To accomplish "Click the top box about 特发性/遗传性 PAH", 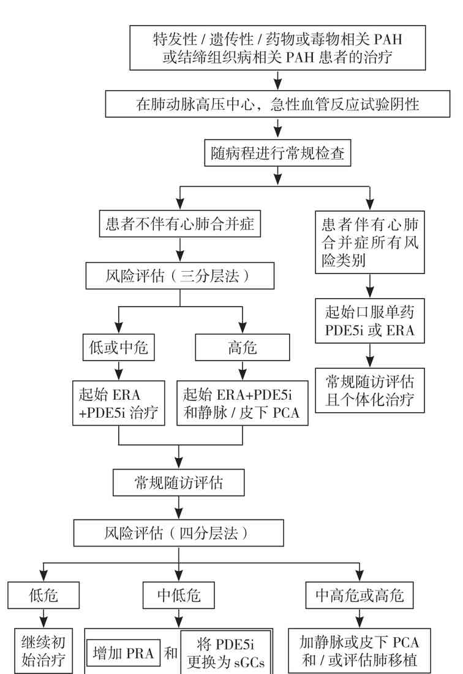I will click(x=277, y=48).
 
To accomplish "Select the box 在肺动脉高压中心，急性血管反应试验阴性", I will click(x=277, y=104).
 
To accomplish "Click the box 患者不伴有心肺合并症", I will click(x=180, y=224).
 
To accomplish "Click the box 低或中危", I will click(x=118, y=348).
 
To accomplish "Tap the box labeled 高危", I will click(x=243, y=348).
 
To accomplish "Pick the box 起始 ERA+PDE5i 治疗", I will click(x=118, y=403).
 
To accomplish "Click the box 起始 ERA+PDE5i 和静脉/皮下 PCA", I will click(x=243, y=403).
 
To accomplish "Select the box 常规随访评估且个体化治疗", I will click(x=370, y=391).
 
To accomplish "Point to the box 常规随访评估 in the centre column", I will click(x=179, y=483).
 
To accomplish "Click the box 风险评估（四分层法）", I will click(x=179, y=533).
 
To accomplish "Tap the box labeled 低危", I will click(x=44, y=595).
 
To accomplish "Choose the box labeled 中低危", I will click(x=179, y=595).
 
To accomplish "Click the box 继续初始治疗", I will click(x=44, y=652).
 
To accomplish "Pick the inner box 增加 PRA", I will click(x=123, y=654).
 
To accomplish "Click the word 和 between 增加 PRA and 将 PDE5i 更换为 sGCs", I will click(x=171, y=654).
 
